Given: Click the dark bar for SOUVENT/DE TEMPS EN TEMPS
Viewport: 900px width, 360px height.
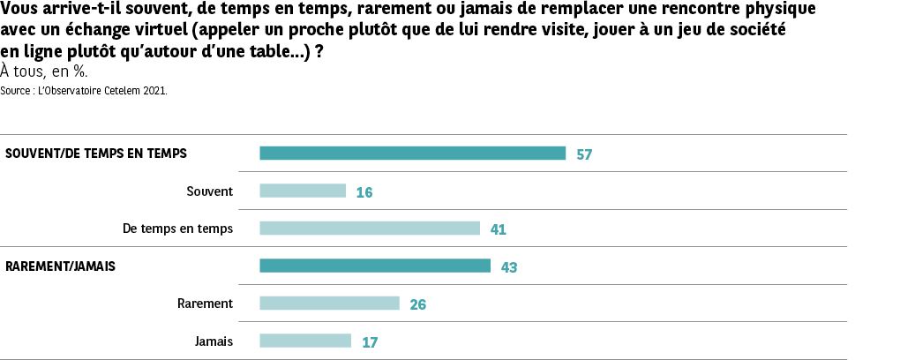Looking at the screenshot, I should [x=412, y=154].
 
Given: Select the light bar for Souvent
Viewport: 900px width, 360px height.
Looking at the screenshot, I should [x=303, y=191].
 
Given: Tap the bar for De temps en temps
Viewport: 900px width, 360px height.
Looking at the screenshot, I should [x=370, y=229].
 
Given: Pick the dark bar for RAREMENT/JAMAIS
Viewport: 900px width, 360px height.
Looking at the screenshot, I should [x=375, y=266].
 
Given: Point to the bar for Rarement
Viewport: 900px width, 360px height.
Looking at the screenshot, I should [x=330, y=304].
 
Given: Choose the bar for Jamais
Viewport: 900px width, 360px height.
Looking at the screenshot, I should [x=305, y=341].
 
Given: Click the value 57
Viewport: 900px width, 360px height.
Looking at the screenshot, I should [x=583, y=154].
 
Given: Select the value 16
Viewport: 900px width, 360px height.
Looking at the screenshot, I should [x=364, y=191].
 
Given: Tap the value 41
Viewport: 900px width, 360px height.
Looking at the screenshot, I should [x=498, y=229].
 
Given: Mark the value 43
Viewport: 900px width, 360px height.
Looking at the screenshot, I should [x=508, y=266].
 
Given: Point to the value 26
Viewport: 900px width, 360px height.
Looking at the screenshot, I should [x=418, y=304].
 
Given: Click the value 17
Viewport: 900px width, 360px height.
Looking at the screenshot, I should [x=370, y=341].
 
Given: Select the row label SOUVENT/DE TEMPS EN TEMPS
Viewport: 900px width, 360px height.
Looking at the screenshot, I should [x=96, y=154].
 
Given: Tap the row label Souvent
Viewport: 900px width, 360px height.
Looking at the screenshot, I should [x=210, y=191].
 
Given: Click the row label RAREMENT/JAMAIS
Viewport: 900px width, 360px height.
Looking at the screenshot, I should [x=61, y=266].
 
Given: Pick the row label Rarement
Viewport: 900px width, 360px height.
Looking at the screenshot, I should [x=205, y=304].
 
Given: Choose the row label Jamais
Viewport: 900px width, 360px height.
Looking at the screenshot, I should [x=214, y=341].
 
